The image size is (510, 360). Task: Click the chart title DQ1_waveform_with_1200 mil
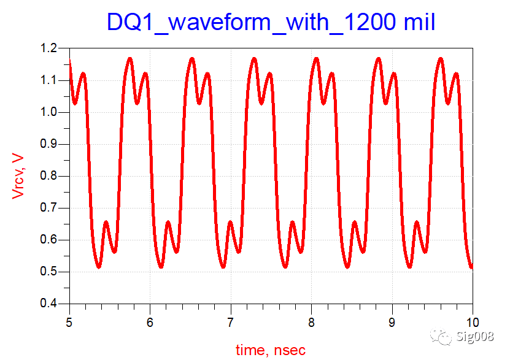coord(271,22)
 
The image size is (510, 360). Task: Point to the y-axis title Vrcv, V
coord(19,176)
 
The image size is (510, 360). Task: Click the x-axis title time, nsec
coord(270,350)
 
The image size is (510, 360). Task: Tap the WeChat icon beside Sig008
coord(441,335)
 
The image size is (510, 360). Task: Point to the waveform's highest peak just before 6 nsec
coord(129,59)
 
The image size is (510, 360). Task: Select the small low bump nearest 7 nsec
coord(230,222)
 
